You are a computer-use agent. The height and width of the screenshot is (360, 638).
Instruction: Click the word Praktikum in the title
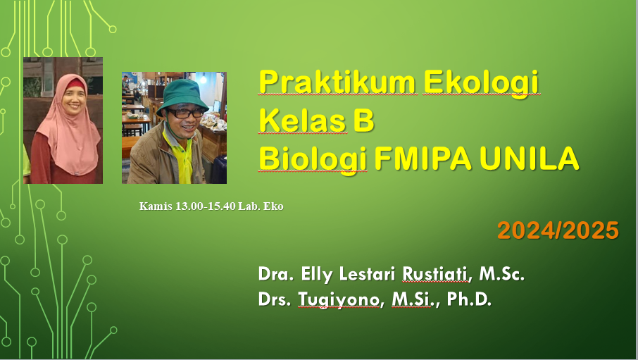point(336,82)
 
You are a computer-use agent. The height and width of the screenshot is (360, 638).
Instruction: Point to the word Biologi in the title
point(311,160)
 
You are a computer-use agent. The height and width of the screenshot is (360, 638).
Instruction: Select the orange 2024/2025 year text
point(558,230)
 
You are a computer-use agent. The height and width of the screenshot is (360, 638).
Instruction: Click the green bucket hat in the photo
point(182,96)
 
